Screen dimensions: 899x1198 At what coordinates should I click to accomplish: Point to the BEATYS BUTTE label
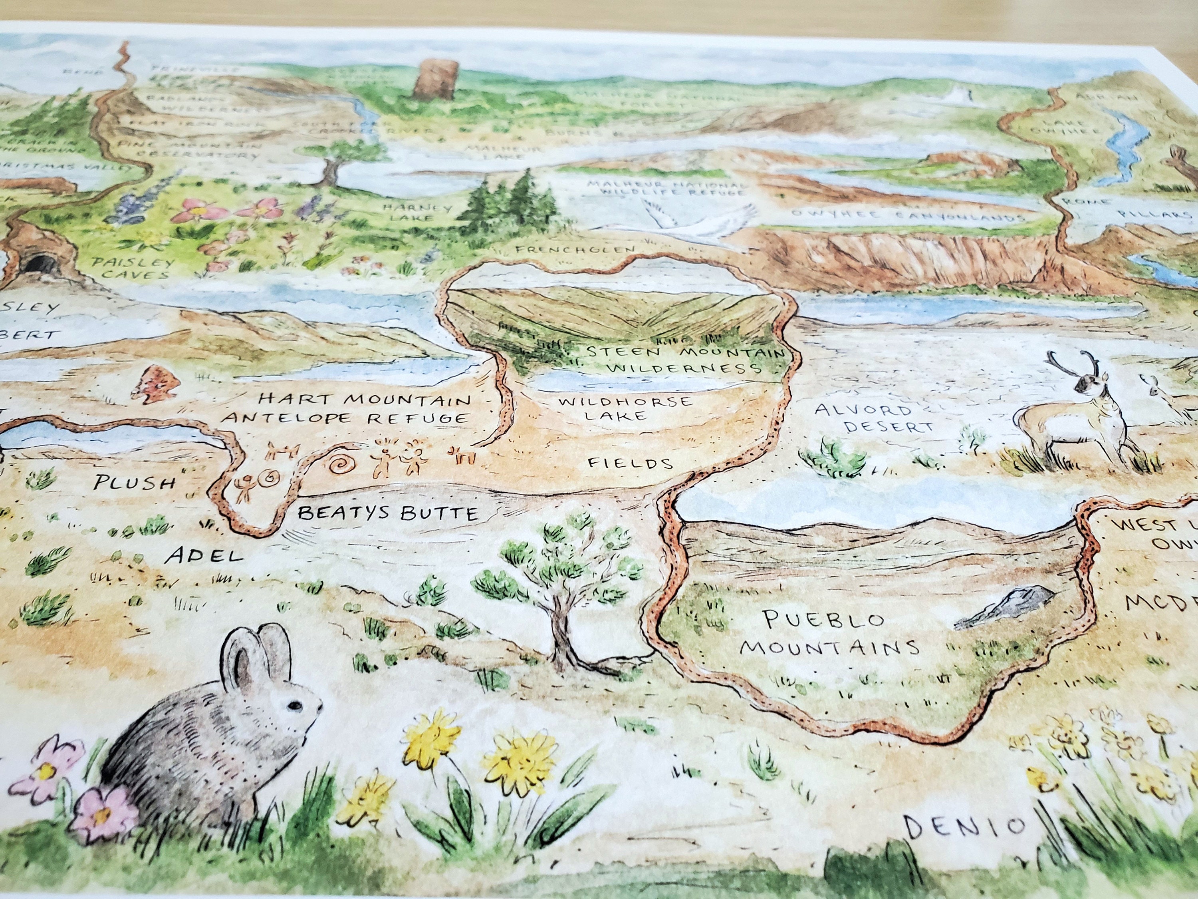point(388,513)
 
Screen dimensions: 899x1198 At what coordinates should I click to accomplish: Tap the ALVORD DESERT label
point(874,418)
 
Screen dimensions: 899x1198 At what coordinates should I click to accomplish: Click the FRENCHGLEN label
point(575,250)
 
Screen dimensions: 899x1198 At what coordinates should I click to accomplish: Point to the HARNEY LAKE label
point(417,213)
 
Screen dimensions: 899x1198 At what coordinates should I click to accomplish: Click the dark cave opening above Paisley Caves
point(41,266)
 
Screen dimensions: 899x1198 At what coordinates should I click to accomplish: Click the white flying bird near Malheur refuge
point(699,222)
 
